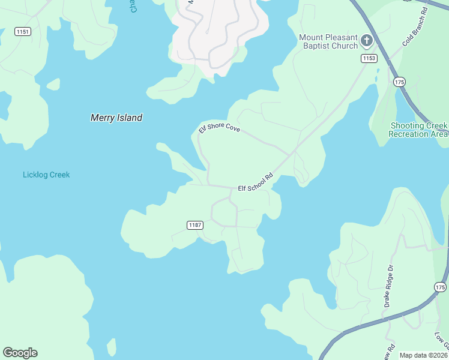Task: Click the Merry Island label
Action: [x=116, y=118]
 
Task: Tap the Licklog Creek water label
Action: [x=46, y=175]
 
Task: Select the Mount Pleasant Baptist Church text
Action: [x=328, y=42]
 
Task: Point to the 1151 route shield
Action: [x=23, y=31]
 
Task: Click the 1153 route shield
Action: [x=369, y=58]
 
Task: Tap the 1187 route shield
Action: [x=195, y=225]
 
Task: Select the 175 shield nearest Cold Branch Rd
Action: [x=399, y=81]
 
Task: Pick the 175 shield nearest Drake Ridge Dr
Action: [x=440, y=287]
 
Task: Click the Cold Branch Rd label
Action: [x=415, y=28]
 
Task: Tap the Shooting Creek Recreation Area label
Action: [x=418, y=130]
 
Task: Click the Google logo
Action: [x=20, y=353]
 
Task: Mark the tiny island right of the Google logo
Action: [x=111, y=347]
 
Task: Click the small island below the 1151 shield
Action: [x=53, y=84]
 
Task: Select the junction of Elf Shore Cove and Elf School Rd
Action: [x=291, y=154]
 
